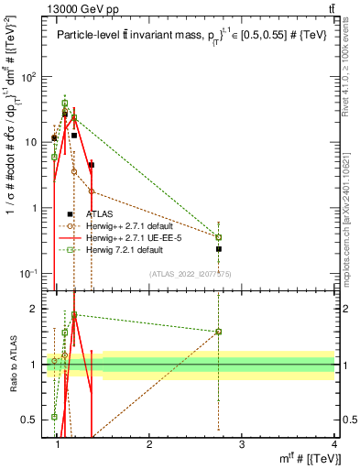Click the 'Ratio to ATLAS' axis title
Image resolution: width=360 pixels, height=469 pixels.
12,365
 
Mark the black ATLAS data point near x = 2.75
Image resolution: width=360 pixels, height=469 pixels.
219,248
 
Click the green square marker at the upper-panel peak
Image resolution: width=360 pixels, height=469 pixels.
64,103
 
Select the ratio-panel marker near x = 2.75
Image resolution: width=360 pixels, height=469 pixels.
219,332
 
